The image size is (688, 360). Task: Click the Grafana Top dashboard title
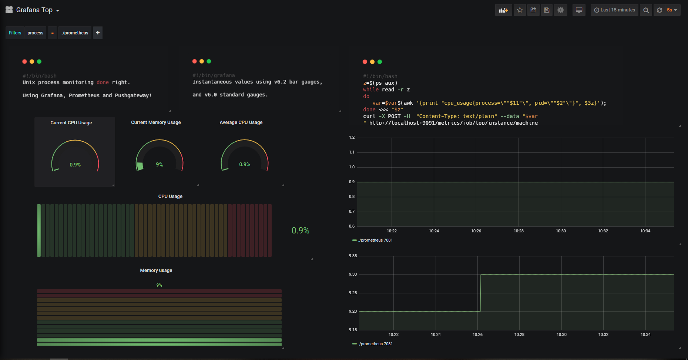pos(34,10)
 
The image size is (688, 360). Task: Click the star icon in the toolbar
pos(520,10)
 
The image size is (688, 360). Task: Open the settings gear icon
pos(560,10)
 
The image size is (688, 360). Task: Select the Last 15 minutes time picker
pos(614,10)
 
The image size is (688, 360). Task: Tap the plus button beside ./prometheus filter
pos(98,33)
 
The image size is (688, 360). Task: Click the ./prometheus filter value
pos(75,33)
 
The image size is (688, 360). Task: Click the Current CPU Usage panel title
pos(71,123)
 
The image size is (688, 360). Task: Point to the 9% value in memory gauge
pos(160,165)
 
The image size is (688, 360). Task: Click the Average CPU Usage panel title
pos(241,122)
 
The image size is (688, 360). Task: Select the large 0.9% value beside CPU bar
pos(300,231)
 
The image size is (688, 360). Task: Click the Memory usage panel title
pos(156,270)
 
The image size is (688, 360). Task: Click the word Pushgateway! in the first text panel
pos(133,95)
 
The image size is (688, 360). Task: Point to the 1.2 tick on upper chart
pos(352,138)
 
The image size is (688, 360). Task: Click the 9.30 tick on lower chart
pos(353,275)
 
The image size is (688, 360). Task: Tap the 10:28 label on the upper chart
pos(518,231)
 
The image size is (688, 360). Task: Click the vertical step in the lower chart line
pos(480,293)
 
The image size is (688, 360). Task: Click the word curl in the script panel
pos(369,116)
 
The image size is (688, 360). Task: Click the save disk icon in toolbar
pos(547,10)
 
